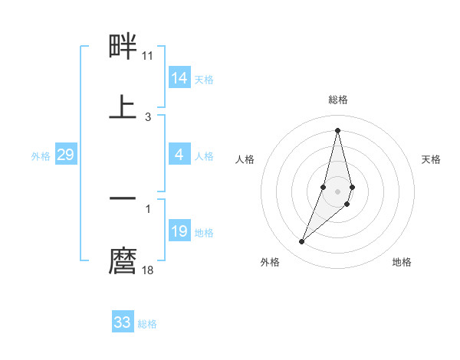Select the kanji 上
(123, 106)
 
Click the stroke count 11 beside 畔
(148, 56)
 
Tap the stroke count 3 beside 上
(148, 116)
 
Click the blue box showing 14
(179, 78)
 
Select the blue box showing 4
(179, 155)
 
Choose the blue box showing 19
(179, 231)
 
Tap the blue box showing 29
(65, 155)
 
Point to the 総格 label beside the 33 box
(147, 324)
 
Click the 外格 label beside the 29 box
(41, 156)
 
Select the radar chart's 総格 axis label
(337, 100)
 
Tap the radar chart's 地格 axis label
(402, 262)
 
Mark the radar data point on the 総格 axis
(337, 129)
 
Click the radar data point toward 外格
(301, 241)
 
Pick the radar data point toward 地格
(347, 204)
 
